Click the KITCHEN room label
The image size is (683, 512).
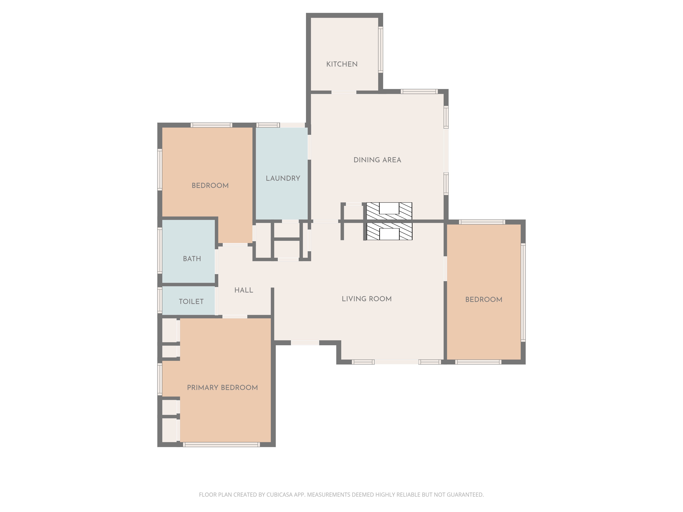342,64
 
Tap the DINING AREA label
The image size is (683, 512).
377,160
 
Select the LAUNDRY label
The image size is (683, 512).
283,178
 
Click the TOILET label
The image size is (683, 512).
191,302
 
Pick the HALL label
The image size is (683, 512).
244,290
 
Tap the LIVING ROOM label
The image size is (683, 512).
366,299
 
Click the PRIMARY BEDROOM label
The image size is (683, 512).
222,388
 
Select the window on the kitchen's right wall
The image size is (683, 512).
381,50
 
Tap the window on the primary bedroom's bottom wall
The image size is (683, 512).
221,444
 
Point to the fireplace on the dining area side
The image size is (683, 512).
389,211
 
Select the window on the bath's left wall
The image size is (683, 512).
160,250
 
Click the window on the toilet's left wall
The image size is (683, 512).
160,300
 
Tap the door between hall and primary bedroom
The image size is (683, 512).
235,317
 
